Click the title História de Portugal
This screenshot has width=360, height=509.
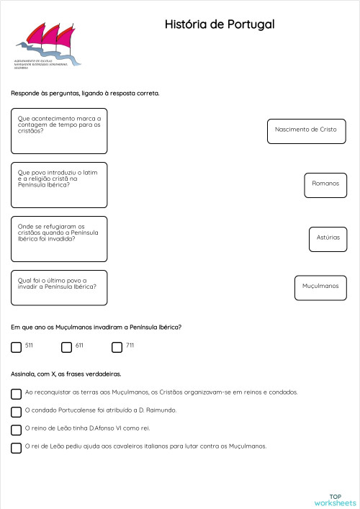(220, 25)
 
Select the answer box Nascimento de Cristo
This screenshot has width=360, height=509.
(307, 130)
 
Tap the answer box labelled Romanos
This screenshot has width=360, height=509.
(325, 184)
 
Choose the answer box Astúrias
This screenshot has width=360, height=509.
(328, 238)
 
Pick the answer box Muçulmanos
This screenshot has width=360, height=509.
(320, 287)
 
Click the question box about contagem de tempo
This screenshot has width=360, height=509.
(59, 131)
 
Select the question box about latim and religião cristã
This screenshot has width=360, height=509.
(59, 185)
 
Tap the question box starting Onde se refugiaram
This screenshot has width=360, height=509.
(59, 238)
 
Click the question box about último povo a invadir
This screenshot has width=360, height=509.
(59, 288)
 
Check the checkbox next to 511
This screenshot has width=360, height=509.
(17, 347)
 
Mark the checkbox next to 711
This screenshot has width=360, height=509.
(117, 347)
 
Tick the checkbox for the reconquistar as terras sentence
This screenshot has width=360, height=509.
(17, 394)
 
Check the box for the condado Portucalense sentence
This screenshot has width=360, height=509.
(17, 412)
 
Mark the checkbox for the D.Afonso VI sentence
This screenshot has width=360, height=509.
(17, 430)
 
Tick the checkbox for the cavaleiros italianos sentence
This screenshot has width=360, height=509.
(17, 448)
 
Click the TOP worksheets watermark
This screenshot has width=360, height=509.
(335, 500)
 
